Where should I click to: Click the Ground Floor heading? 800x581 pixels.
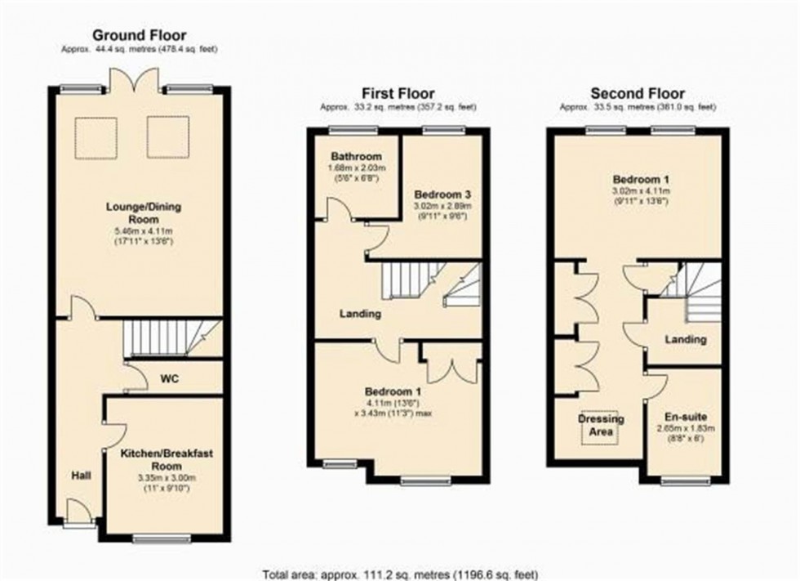[139, 35]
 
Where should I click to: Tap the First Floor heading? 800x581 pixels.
[399, 93]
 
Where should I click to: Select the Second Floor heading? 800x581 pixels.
[638, 93]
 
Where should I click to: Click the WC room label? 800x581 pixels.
[170, 379]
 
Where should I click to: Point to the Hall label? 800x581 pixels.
[80, 475]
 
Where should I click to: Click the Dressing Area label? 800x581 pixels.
[601, 424]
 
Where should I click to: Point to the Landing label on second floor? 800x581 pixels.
[686, 339]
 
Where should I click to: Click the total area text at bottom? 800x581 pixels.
[400, 574]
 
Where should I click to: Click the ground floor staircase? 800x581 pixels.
[170, 337]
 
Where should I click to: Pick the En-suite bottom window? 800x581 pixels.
[684, 482]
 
